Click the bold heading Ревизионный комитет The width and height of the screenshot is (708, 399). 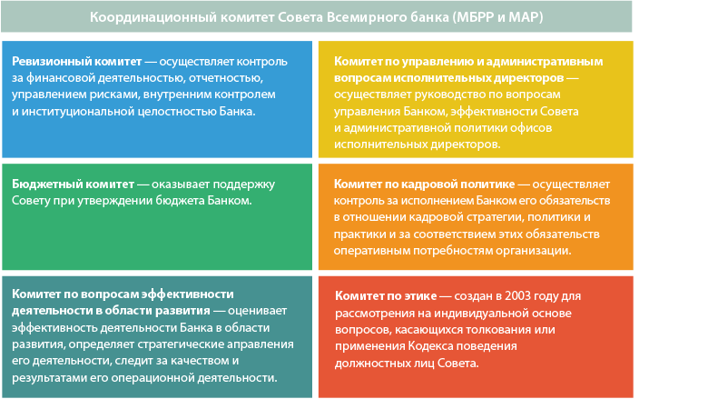(x=77, y=62)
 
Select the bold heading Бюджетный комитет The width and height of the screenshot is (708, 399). (x=74, y=185)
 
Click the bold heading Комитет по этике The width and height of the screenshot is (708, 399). (x=386, y=296)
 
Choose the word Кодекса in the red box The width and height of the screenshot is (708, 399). (x=431, y=346)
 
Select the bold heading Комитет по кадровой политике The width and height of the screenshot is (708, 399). (x=425, y=185)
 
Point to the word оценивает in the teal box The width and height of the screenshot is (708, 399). (x=258, y=311)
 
